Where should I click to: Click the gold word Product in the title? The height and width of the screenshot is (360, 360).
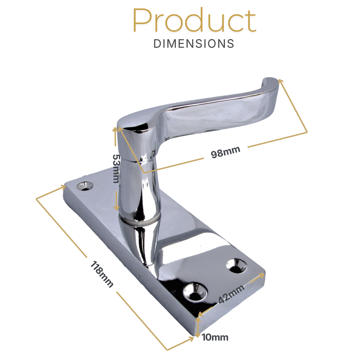[194, 20]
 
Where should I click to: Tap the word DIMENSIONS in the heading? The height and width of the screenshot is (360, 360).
[194, 44]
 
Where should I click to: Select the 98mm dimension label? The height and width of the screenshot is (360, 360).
[225, 152]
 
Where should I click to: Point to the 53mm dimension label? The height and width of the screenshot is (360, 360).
[116, 169]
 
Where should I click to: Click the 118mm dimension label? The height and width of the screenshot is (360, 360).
[102, 274]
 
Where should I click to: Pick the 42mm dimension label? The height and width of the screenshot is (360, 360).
[231, 294]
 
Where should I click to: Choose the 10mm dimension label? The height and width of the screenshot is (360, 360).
[215, 338]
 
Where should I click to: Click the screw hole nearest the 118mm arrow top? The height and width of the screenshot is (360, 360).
[85, 186]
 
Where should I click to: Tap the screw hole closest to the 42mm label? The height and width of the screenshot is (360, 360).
[195, 291]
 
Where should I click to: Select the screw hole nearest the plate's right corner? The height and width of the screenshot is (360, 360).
[236, 266]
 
